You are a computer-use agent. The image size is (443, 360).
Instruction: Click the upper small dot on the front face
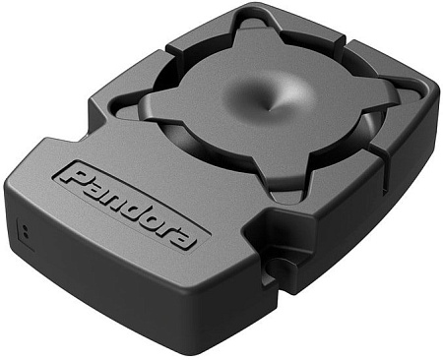tap(25, 227)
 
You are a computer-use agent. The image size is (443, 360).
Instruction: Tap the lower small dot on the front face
tap(27, 235)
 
